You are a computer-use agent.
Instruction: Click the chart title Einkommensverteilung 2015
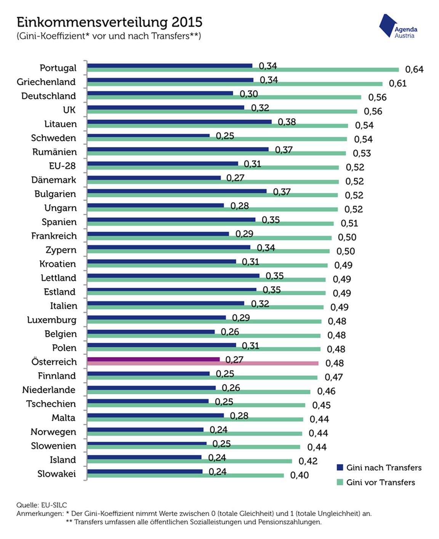(109, 22)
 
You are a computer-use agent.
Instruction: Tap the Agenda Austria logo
(398, 27)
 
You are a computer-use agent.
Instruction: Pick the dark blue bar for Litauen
(179, 122)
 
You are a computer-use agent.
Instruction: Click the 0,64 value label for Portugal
(414, 69)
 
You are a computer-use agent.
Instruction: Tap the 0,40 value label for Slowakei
(300, 475)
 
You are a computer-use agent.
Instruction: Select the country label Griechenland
(46, 82)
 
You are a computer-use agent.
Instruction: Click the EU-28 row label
(62, 166)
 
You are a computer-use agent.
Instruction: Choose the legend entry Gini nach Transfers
(383, 468)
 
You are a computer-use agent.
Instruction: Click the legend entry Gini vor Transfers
(380, 483)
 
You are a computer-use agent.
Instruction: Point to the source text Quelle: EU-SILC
(42, 505)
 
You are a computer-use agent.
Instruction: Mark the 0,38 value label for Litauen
(287, 122)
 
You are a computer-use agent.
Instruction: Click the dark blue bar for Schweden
(148, 136)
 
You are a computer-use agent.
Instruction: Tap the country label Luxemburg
(52, 320)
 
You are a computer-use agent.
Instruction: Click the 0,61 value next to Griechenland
(397, 83)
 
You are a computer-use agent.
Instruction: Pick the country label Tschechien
(51, 404)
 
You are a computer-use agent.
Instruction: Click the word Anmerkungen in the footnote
(39, 513)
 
